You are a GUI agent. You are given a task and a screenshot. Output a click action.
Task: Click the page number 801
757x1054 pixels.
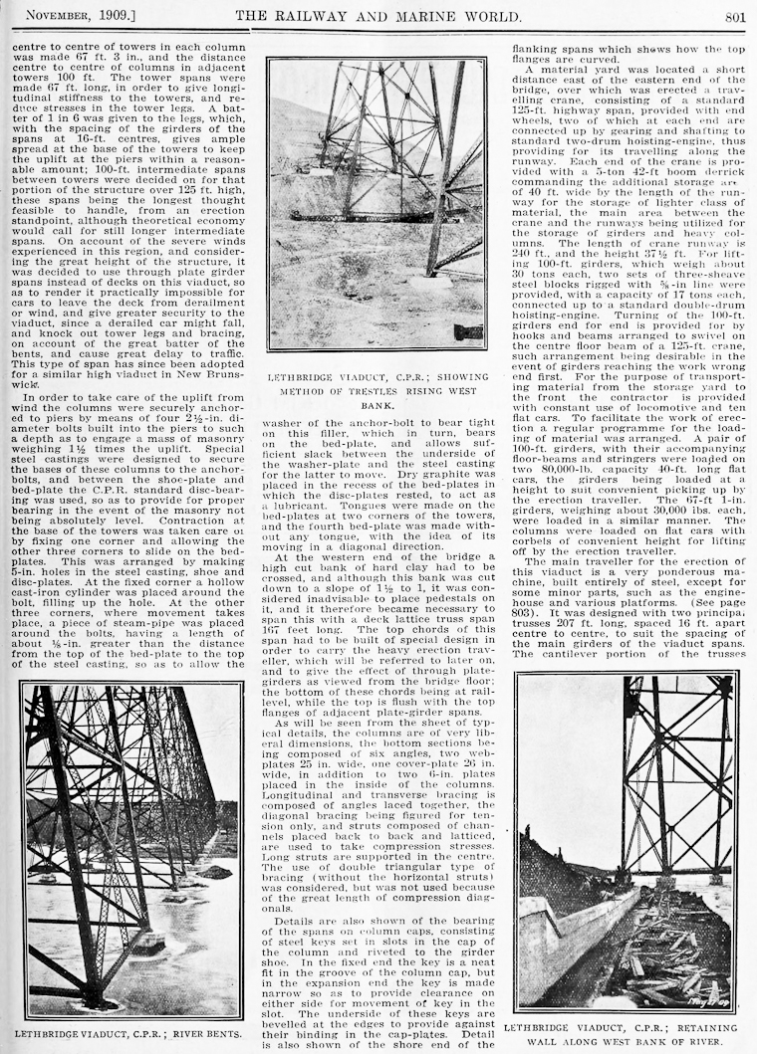pos(734,15)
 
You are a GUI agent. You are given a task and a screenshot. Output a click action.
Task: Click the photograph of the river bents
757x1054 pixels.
pos(130,849)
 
